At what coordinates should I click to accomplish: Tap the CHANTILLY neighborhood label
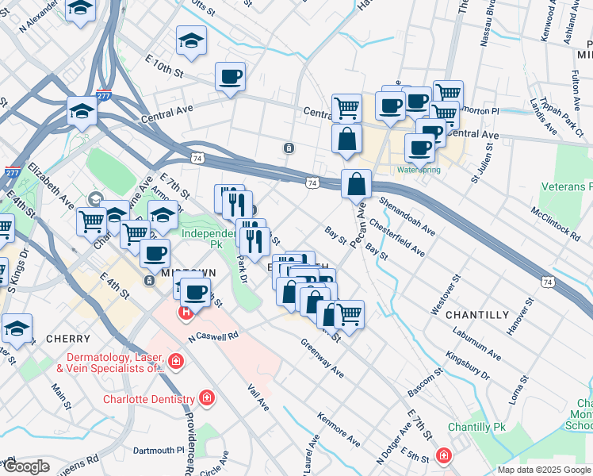point(477,315)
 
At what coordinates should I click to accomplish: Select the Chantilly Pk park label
point(476,427)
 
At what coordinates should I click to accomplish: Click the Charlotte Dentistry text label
point(149,399)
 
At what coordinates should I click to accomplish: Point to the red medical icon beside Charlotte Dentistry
point(206,397)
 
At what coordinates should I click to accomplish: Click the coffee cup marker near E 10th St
point(230,78)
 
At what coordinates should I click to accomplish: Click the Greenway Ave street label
point(322,358)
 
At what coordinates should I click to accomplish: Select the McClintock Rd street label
point(554,225)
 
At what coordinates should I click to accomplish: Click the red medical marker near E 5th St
point(443,456)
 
